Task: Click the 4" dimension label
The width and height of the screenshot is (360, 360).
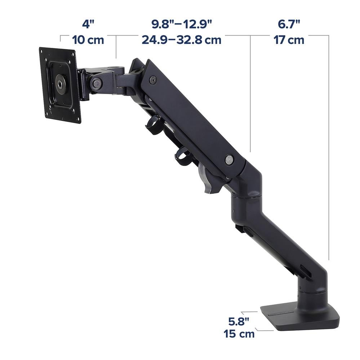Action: coord(88,24)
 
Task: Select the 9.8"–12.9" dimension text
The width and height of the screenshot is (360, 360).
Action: coord(181,24)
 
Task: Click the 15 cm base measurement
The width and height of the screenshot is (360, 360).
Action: coord(239,334)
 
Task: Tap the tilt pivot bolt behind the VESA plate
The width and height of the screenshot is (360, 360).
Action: coord(96,83)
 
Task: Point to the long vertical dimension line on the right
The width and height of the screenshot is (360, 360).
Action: coord(329,144)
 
